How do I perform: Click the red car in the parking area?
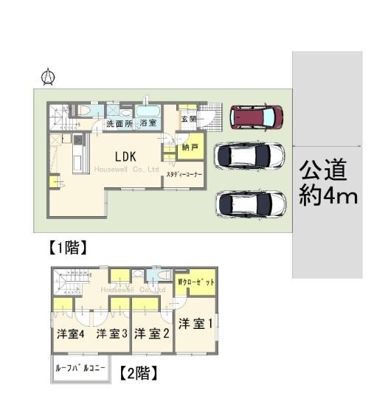click(x=256, y=117)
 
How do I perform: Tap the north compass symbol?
click(x=48, y=77)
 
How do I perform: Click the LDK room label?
click(x=125, y=156)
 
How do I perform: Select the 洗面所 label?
click(x=119, y=124)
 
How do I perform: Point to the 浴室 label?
click(x=148, y=123)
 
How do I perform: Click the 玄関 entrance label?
click(x=189, y=119)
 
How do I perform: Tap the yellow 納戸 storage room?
click(x=190, y=147)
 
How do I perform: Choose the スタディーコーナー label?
click(x=184, y=174)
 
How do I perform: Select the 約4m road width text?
click(x=328, y=195)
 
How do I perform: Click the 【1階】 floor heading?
click(x=68, y=247)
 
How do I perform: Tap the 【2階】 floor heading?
click(x=139, y=373)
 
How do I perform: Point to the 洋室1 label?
click(x=195, y=324)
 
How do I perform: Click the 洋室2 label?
click(x=152, y=333)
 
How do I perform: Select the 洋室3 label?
click(x=111, y=334)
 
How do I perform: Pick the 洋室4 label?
click(x=71, y=334)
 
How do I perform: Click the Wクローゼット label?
click(x=195, y=282)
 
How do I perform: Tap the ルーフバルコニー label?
click(x=80, y=368)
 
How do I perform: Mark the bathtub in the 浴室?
click(x=148, y=111)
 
